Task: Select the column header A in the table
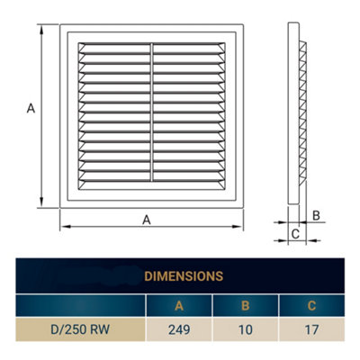pos(179,304)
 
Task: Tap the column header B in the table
pos(245,304)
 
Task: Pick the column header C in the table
pos(311,304)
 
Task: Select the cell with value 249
pos(179,328)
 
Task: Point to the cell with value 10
pos(245,328)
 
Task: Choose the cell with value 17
pos(311,328)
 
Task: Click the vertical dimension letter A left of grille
pos(30,109)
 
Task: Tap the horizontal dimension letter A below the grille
pos(146,219)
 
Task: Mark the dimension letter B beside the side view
pos(316,215)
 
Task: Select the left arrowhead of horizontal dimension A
pos(64,225)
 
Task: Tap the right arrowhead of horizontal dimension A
pos(239,225)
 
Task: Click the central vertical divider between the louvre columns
pos(151,113)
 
